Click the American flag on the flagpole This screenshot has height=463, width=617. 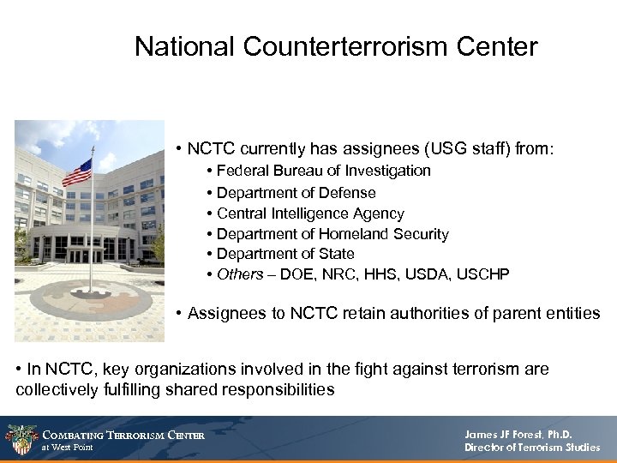(x=77, y=173)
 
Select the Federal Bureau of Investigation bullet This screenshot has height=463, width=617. (x=323, y=171)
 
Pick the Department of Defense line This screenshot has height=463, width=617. (x=296, y=192)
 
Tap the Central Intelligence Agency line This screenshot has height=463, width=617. (x=309, y=213)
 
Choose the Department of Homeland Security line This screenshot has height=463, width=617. (x=332, y=234)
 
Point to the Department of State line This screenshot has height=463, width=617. (x=285, y=254)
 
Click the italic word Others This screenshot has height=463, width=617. (x=239, y=274)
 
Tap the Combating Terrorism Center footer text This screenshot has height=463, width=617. (x=124, y=435)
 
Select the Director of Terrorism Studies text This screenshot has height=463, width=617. (x=531, y=448)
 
